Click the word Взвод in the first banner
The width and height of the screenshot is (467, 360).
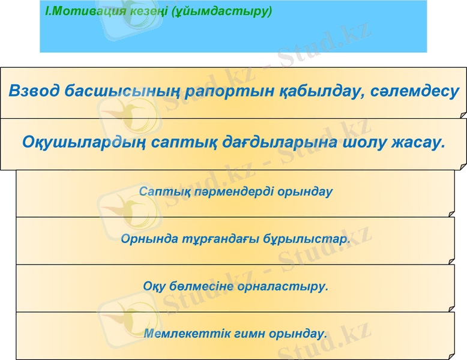[34, 92]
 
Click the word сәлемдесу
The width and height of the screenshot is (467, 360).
[415, 92]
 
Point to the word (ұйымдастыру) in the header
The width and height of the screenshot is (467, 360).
[221, 11]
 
